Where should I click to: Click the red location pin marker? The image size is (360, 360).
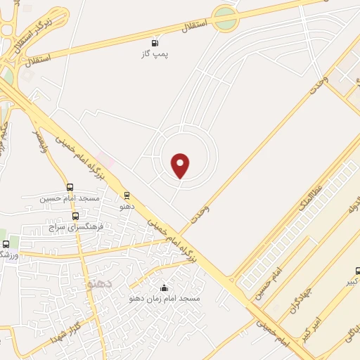coord(181,166)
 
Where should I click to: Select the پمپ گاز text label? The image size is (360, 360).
coord(155,53)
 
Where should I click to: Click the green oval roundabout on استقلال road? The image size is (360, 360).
coord(225,19)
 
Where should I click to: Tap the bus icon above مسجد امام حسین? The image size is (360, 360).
coord(70,187)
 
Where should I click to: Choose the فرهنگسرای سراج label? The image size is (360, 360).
coord(76,228)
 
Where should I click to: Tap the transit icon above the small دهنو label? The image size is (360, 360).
coord(127,195)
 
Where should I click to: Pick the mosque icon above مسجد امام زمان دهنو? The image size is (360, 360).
coord(165,288)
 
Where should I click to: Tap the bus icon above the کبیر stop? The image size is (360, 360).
coord(358,270)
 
